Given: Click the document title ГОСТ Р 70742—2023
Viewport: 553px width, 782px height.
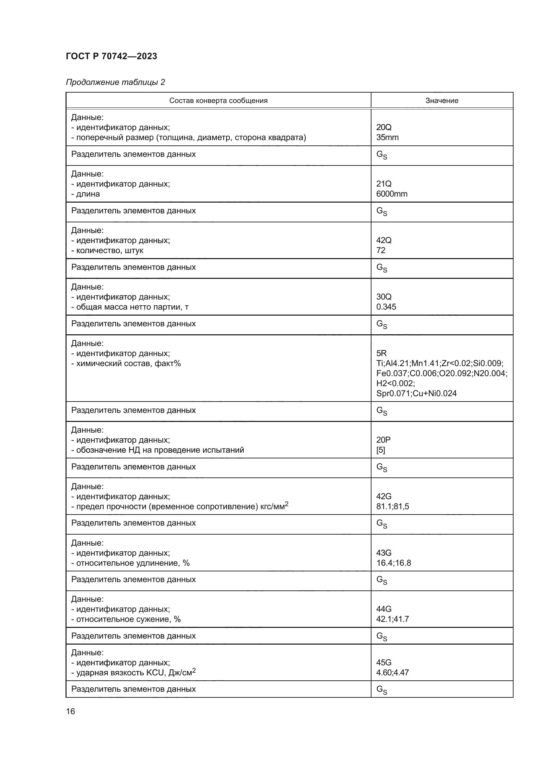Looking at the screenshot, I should coord(111,56).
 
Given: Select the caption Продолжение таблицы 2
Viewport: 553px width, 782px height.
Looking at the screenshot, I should coord(115,82).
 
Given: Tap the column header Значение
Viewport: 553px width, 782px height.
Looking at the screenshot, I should coord(442,101).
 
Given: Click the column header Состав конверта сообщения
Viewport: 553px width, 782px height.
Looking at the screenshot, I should coord(218,101).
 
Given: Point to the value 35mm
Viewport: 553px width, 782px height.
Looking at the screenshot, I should coord(387,137).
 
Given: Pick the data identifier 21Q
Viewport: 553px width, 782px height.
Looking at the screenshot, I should coord(384,184).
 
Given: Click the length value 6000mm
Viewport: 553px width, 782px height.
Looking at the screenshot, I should coord(392,194).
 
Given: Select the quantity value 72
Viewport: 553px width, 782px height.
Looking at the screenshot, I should coord(381,250).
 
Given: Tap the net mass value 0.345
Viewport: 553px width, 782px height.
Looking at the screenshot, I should coord(386,307).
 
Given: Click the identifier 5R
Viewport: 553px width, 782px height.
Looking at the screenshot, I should coord(381,353).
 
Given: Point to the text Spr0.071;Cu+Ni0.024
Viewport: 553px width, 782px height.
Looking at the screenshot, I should coord(416,394).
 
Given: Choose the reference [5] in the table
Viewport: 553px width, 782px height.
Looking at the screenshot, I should coord(380,450).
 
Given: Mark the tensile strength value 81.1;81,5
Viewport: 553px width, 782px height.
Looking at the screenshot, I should coord(392,507).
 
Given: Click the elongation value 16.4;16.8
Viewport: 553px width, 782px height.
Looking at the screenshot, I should coord(393,563).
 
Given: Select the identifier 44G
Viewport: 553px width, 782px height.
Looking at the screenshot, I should coord(384,608).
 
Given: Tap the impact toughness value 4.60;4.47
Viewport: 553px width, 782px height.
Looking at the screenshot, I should coord(392,673).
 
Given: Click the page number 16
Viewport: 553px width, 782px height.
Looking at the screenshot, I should coord(71,711).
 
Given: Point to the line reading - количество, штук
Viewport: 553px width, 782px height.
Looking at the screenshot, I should coord(107,250).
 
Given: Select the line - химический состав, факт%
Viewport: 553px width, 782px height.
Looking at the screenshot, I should coord(126,363).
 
